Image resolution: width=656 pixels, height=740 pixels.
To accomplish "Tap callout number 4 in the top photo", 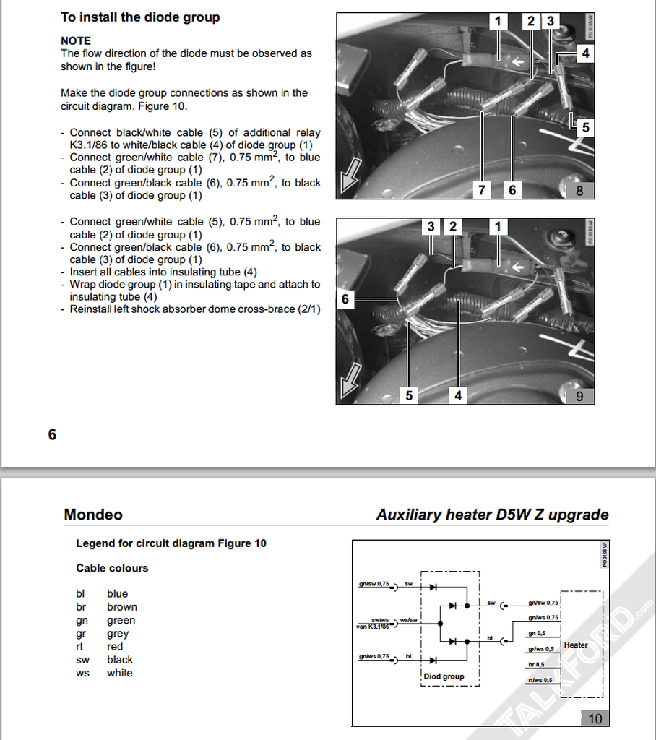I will pyautogui.click(x=585, y=53).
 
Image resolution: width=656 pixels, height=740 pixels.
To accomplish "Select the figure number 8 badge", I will pyautogui.click(x=579, y=191).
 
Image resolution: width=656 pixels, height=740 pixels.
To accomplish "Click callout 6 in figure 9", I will pyautogui.click(x=345, y=299).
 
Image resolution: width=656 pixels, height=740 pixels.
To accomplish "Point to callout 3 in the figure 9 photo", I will pyautogui.click(x=431, y=227).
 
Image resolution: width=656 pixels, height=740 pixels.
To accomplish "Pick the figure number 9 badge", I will pyautogui.click(x=579, y=396).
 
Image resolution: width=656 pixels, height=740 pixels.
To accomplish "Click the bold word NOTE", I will pyautogui.click(x=76, y=40).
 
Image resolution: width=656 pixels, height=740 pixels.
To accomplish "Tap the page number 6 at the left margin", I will pyautogui.click(x=52, y=434).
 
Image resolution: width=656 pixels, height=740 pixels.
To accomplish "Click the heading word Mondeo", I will pyautogui.click(x=93, y=515).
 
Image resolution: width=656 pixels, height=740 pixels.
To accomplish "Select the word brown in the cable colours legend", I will pyautogui.click(x=122, y=607).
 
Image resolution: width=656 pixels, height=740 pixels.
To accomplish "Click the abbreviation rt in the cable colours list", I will pyautogui.click(x=81, y=647).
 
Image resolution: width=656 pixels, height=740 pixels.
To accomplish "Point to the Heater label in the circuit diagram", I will pyautogui.click(x=576, y=645).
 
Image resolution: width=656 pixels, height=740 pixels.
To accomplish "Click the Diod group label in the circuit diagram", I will pyautogui.click(x=444, y=676).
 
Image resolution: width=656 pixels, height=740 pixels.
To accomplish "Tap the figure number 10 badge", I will pyautogui.click(x=595, y=719).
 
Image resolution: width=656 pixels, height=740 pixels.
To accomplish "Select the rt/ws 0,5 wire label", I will pyautogui.click(x=540, y=680).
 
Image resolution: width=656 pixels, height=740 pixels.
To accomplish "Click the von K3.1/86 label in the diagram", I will pyautogui.click(x=373, y=627).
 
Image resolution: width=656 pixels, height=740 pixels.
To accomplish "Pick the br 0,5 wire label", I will pyautogui.click(x=536, y=664).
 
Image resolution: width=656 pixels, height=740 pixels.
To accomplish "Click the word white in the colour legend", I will pyautogui.click(x=120, y=673).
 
